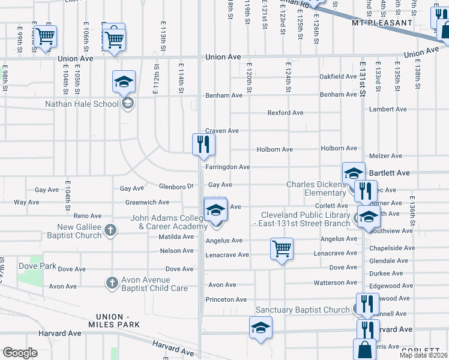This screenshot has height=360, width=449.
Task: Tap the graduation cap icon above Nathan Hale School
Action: click(x=124, y=82)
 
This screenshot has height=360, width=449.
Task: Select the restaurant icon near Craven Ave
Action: click(x=203, y=144)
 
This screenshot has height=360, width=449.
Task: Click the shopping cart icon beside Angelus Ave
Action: click(x=282, y=248)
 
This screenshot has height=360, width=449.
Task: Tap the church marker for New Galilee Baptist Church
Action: click(x=110, y=229)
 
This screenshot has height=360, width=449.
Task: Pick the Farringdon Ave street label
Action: click(x=228, y=167)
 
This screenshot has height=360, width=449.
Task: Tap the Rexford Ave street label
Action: click(x=285, y=113)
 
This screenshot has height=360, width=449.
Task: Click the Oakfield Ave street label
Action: click(x=338, y=77)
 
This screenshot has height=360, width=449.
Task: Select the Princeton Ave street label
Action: click(x=226, y=299)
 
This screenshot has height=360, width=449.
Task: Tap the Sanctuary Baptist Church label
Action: click(x=303, y=310)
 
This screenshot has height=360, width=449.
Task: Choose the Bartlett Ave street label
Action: click(x=389, y=173)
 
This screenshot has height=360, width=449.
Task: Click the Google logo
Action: click(x=20, y=353)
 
